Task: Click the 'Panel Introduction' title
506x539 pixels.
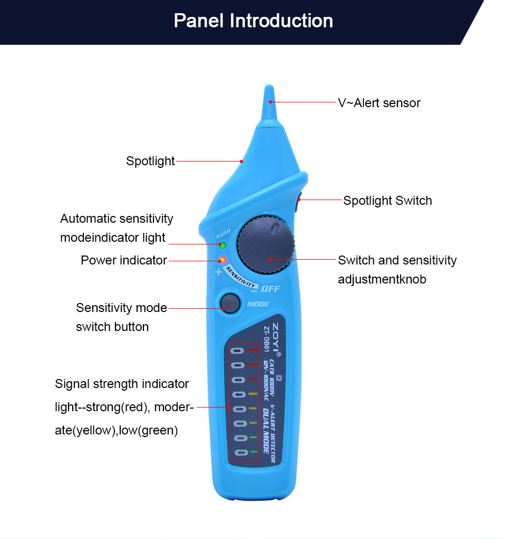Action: coord(254,21)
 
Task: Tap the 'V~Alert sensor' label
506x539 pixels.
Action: coord(379,103)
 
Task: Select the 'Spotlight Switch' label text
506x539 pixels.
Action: coord(387,201)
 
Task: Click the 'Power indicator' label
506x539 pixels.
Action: coord(124,260)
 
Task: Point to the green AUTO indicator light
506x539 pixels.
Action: coord(222,245)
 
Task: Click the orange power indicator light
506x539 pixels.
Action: coord(222,260)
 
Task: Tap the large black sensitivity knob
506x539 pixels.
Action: coord(266,245)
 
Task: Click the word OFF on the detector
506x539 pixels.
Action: coord(270,289)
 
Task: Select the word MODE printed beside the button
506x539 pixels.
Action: coord(258,304)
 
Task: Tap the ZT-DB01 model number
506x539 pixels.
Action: coord(266,339)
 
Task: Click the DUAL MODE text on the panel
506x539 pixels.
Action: coord(266,430)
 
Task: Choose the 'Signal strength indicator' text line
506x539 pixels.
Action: coord(122,384)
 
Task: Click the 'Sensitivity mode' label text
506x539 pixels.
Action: coord(122,308)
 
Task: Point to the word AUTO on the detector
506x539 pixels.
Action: coord(223,234)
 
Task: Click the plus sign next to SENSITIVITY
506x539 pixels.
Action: coord(218,272)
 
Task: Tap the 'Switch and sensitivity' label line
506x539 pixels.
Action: coord(397,260)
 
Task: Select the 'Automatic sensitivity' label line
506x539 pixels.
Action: coord(116,219)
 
